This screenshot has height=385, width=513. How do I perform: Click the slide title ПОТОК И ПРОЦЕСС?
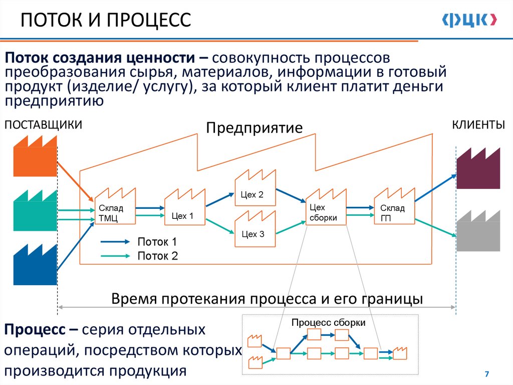[106, 21]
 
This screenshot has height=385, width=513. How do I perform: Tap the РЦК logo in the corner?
[469, 20]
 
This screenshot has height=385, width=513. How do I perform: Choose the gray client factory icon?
[478, 231]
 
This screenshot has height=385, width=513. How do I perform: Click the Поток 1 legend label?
[157, 242]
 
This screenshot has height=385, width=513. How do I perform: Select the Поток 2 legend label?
[157, 256]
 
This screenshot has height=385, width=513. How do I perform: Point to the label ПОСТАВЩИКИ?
[43, 125]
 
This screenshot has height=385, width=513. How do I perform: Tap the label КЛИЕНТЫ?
[478, 125]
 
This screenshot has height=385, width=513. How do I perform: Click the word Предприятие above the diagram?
[254, 127]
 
